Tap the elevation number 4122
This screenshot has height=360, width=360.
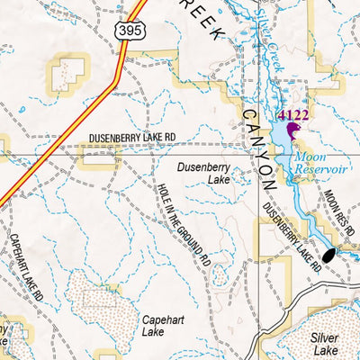[293, 115]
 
